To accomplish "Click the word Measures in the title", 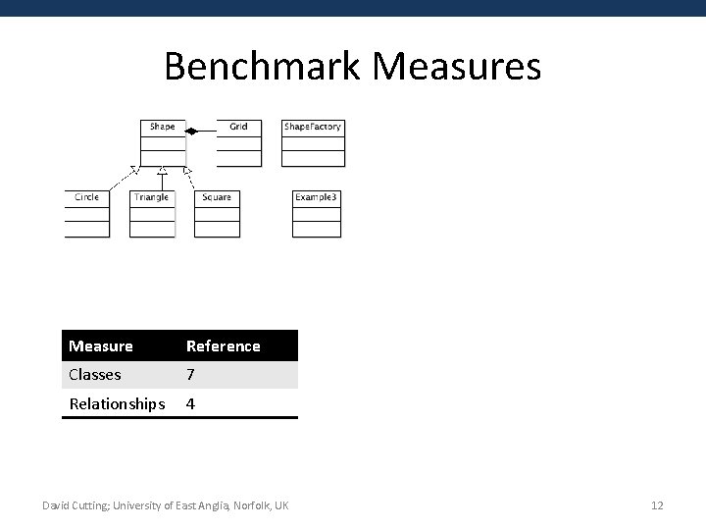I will (x=457, y=67).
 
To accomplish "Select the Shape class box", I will (x=163, y=142).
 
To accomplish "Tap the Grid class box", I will (x=239, y=142).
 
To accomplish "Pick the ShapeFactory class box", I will (x=313, y=142).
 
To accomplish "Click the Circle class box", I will (x=87, y=213).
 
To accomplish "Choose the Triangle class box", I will (x=152, y=213).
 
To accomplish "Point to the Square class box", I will (x=217, y=213).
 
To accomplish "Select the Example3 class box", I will (x=317, y=213).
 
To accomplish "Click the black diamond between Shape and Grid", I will (x=193, y=131).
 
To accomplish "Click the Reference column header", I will (x=224, y=345).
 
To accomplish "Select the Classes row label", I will (x=95, y=374).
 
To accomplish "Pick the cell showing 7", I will (x=191, y=374).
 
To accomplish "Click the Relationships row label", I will (x=117, y=403).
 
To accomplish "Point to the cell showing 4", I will (x=191, y=403).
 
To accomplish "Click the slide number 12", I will (x=657, y=505).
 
